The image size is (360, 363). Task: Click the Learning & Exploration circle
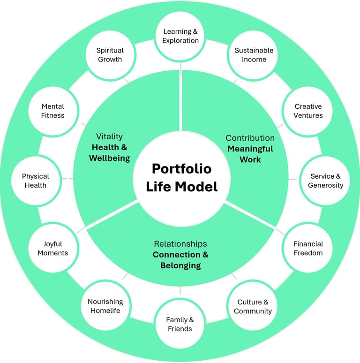[180, 36]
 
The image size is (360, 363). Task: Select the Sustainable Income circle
[254, 55]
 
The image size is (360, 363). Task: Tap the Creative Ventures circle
[308, 111]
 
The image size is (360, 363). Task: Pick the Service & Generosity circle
[325, 181]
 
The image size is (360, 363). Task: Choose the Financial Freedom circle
[308, 249]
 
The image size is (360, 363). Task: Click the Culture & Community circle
[253, 307]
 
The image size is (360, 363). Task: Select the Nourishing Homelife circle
[105, 306]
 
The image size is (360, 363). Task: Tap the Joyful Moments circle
[52, 249]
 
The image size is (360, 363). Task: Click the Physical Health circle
[36, 181]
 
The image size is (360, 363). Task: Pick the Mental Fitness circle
[52, 111]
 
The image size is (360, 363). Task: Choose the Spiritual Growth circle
[110, 55]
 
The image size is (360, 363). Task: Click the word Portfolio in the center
[181, 169]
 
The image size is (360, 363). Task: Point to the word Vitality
[109, 136]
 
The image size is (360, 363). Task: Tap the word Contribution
[250, 138]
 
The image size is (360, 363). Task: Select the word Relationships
[180, 244]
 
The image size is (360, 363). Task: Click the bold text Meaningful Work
[250, 154]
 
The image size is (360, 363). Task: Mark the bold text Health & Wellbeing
[109, 152]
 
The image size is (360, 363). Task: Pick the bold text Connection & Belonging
[180, 260]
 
